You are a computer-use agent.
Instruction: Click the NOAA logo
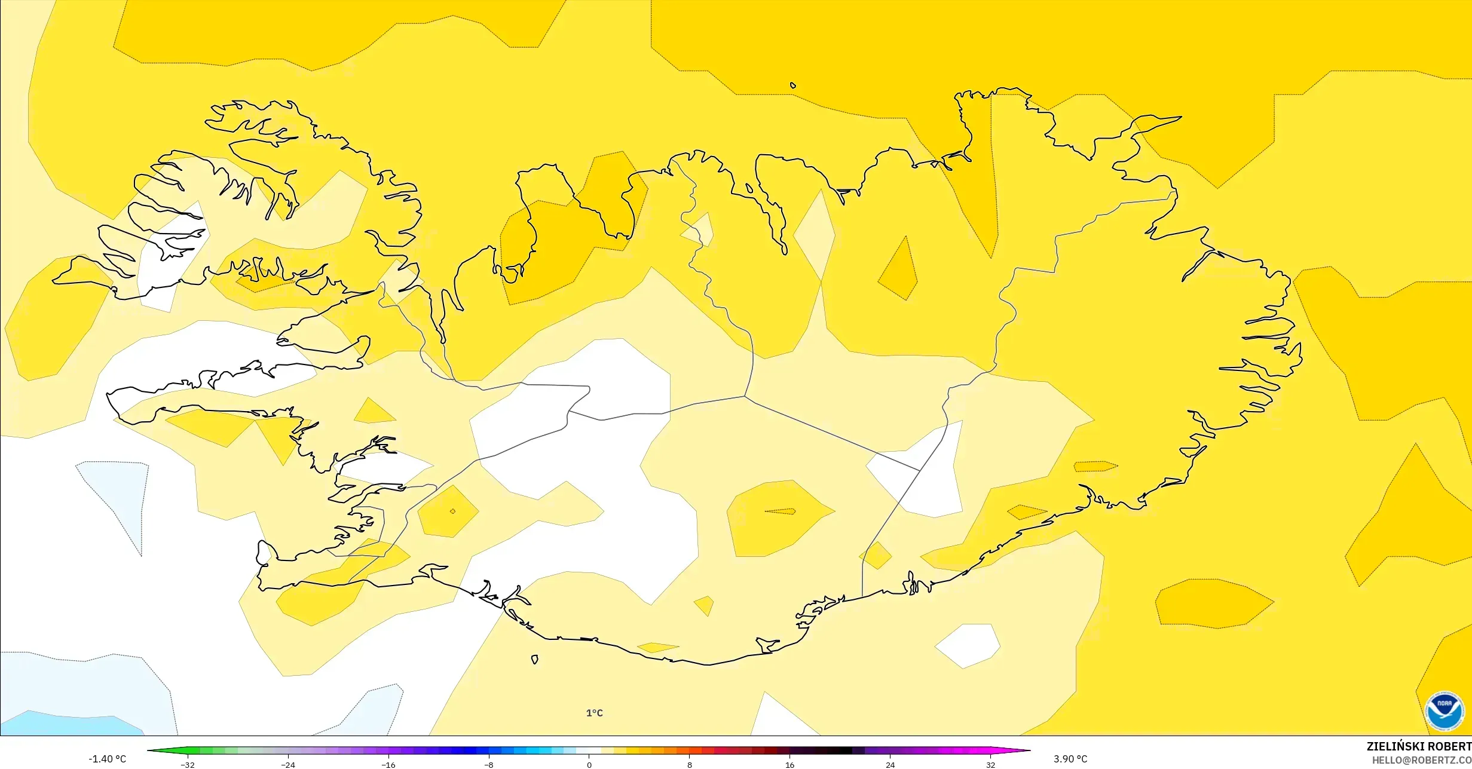(1444, 711)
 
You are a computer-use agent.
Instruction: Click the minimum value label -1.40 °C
(108, 759)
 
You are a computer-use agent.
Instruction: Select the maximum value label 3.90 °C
(1070, 759)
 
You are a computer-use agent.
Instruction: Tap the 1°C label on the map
(594, 713)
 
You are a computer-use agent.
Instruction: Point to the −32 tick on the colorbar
(188, 765)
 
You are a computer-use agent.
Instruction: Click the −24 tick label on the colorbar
(288, 765)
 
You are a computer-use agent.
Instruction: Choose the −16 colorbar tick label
(388, 765)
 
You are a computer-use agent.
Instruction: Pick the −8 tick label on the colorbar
(489, 765)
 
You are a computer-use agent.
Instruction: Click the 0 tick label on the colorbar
(589, 765)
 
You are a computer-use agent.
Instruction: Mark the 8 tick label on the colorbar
(690, 765)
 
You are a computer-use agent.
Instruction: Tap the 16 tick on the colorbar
(790, 765)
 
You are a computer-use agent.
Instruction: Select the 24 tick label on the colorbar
(890, 765)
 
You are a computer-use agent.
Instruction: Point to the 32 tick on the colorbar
(991, 765)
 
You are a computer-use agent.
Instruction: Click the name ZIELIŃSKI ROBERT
(1419, 746)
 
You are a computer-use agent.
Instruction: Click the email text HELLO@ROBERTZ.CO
(1421, 760)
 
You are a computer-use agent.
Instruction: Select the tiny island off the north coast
(793, 85)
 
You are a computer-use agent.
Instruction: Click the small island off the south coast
(535, 660)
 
